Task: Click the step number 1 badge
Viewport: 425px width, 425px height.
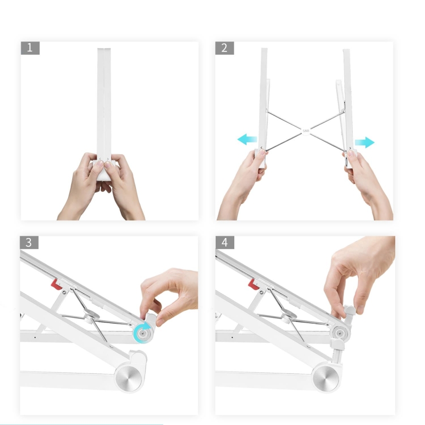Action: coord(30,48)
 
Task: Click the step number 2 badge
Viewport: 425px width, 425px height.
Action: coord(224,48)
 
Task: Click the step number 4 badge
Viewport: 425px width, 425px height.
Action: coord(224,243)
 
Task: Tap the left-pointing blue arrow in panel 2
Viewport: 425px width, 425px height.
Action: coord(246,140)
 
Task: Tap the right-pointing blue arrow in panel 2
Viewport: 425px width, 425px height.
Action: coord(365,142)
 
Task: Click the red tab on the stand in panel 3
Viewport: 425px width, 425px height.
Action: coord(55,284)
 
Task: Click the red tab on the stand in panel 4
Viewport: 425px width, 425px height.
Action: coord(253,285)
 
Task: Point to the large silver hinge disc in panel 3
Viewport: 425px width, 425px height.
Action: coord(130,378)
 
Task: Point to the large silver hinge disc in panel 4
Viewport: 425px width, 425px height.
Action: coord(325,378)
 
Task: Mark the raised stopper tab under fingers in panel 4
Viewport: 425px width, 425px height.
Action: coord(348,312)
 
